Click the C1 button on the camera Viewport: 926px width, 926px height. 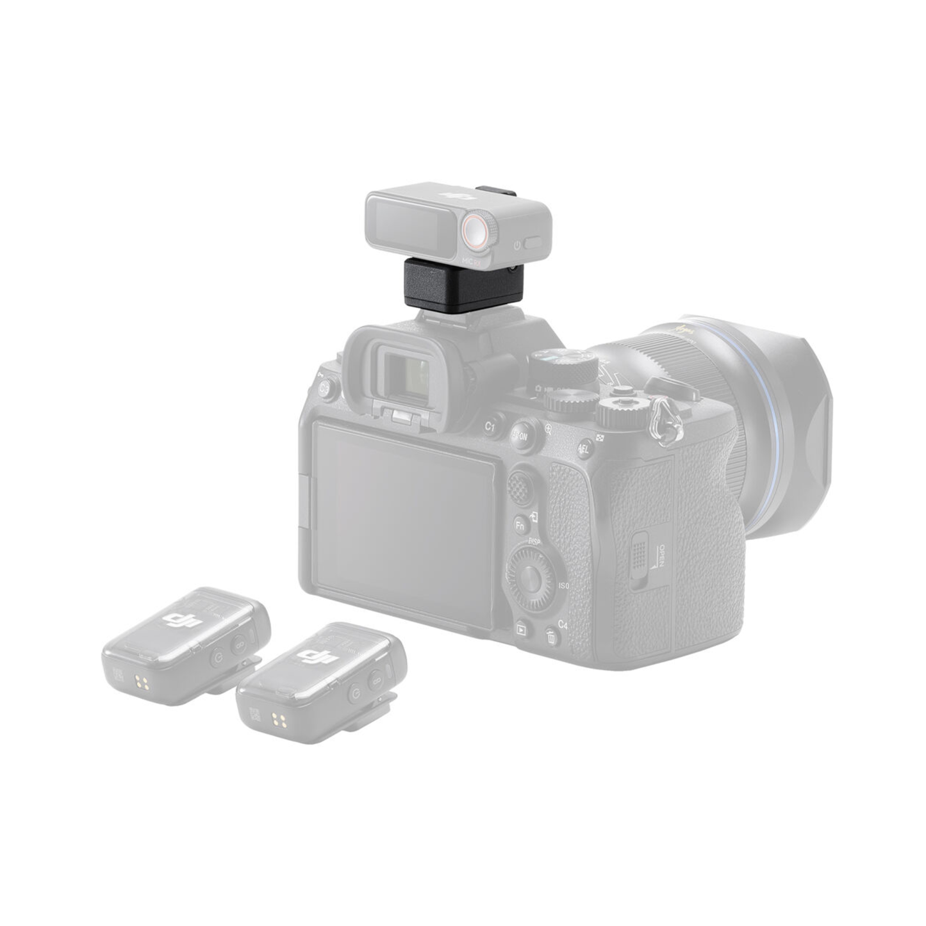[492, 426]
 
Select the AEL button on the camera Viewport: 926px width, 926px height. [584, 448]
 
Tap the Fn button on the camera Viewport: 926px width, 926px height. [522, 525]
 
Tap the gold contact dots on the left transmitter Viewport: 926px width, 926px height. [143, 683]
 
